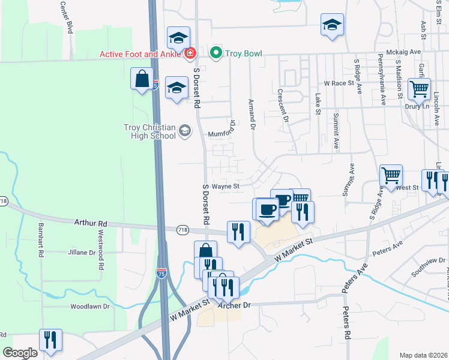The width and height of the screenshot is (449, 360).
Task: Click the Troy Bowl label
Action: [244, 53]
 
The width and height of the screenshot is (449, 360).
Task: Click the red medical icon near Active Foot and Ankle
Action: [190, 54]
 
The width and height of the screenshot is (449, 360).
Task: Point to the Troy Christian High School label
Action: [149, 131]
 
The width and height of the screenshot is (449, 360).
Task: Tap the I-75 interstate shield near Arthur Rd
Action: [161, 273]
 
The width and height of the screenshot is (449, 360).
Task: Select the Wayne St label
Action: [226, 186]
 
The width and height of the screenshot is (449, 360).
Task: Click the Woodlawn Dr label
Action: [89, 306]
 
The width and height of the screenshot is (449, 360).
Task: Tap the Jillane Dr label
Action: [82, 253]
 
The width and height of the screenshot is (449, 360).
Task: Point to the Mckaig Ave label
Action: [403, 52]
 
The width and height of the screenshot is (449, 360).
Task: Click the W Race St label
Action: [339, 83]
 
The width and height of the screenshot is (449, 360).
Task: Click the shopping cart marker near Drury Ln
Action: [419, 89]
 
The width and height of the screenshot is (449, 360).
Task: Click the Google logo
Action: [20, 353]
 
